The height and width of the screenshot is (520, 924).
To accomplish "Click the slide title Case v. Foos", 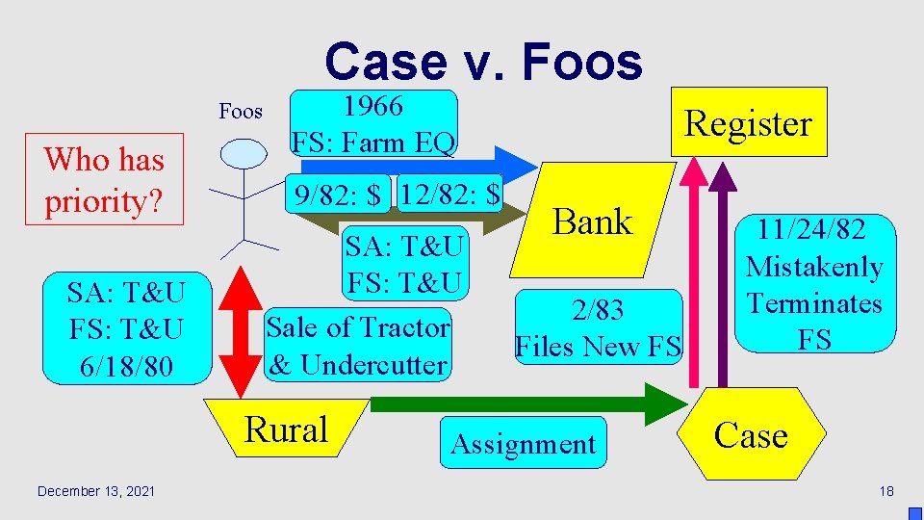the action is click(483, 62).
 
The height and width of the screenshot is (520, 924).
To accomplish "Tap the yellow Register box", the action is click(748, 122).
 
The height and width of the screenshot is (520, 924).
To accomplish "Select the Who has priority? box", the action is click(104, 179).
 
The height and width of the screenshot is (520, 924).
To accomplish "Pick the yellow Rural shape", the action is click(286, 429).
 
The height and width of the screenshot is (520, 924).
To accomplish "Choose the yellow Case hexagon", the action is click(751, 435).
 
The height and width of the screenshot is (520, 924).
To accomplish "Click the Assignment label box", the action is click(524, 444).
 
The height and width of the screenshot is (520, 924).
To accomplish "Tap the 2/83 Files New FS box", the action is click(598, 327).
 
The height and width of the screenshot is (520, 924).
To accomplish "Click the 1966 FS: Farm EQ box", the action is click(373, 124).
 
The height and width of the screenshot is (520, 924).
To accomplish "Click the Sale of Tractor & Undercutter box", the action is click(358, 346).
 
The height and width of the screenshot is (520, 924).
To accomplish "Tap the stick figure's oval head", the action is click(243, 153).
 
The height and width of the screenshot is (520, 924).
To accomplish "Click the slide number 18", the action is click(886, 491).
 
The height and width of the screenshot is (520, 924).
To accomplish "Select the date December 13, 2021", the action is click(95, 491).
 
